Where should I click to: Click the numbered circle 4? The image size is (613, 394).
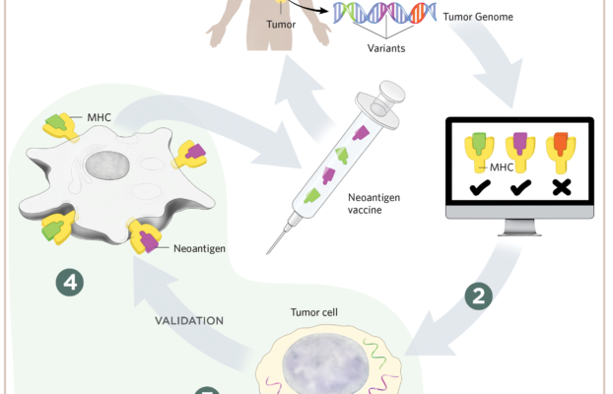[x=69, y=283]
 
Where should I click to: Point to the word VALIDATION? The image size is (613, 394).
[x=189, y=321]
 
